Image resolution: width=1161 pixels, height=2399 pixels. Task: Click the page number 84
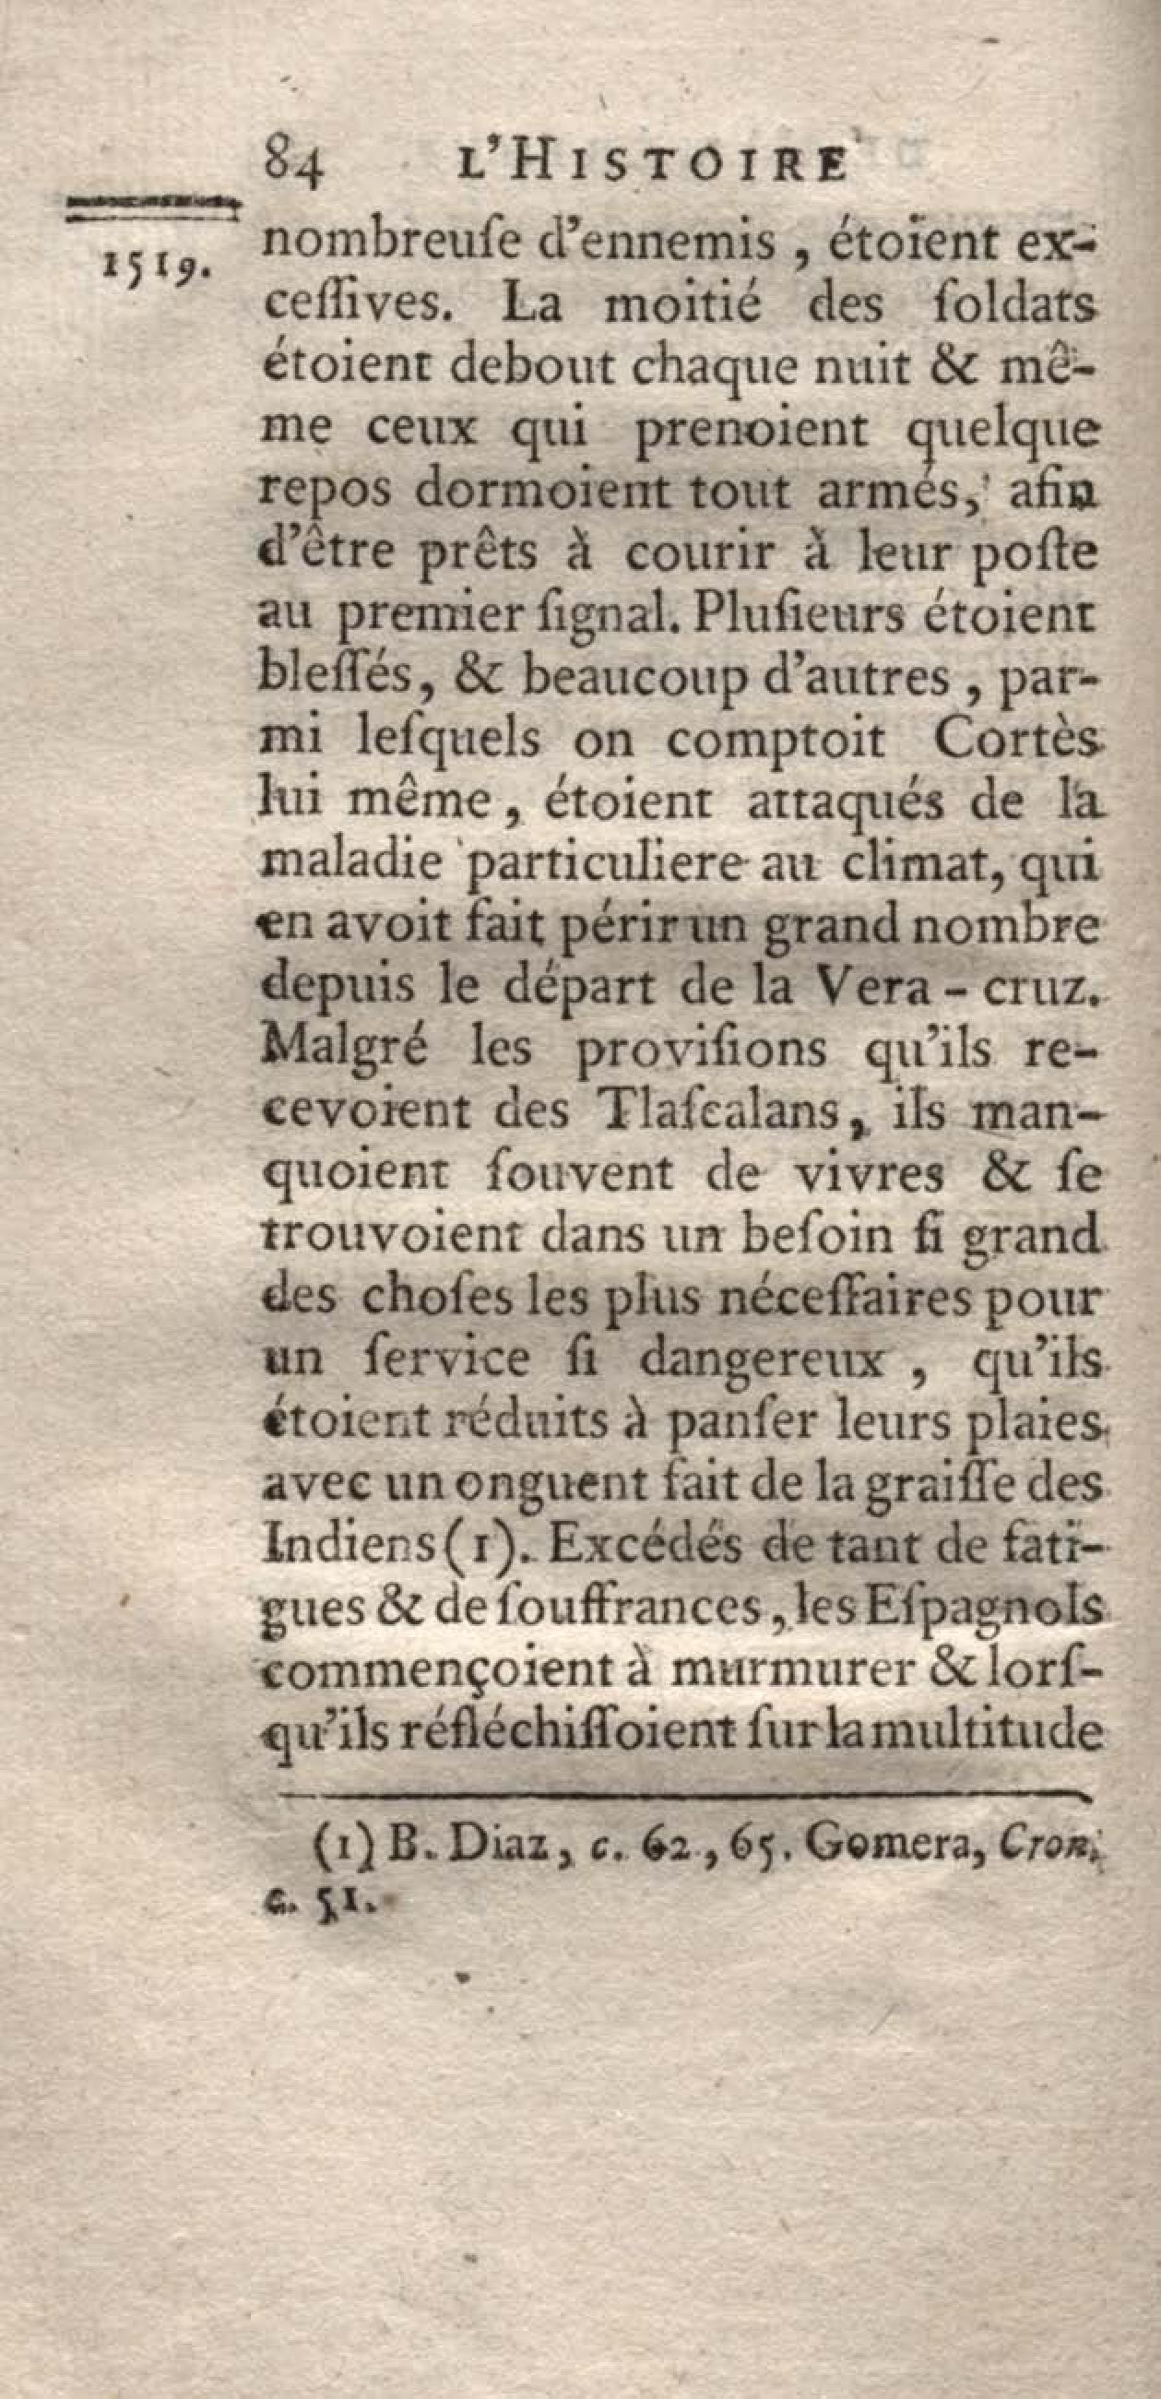[293, 172]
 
